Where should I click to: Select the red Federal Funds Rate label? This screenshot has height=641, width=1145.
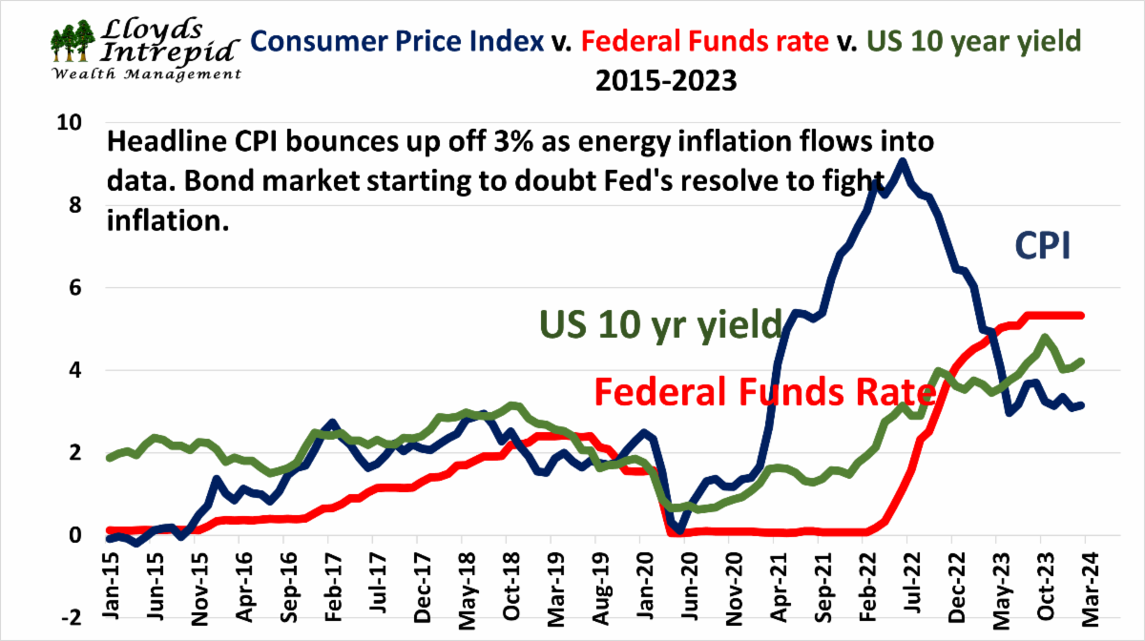762,392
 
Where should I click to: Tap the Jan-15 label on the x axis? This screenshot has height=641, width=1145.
111,573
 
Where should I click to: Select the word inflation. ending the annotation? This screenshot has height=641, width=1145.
166,220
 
